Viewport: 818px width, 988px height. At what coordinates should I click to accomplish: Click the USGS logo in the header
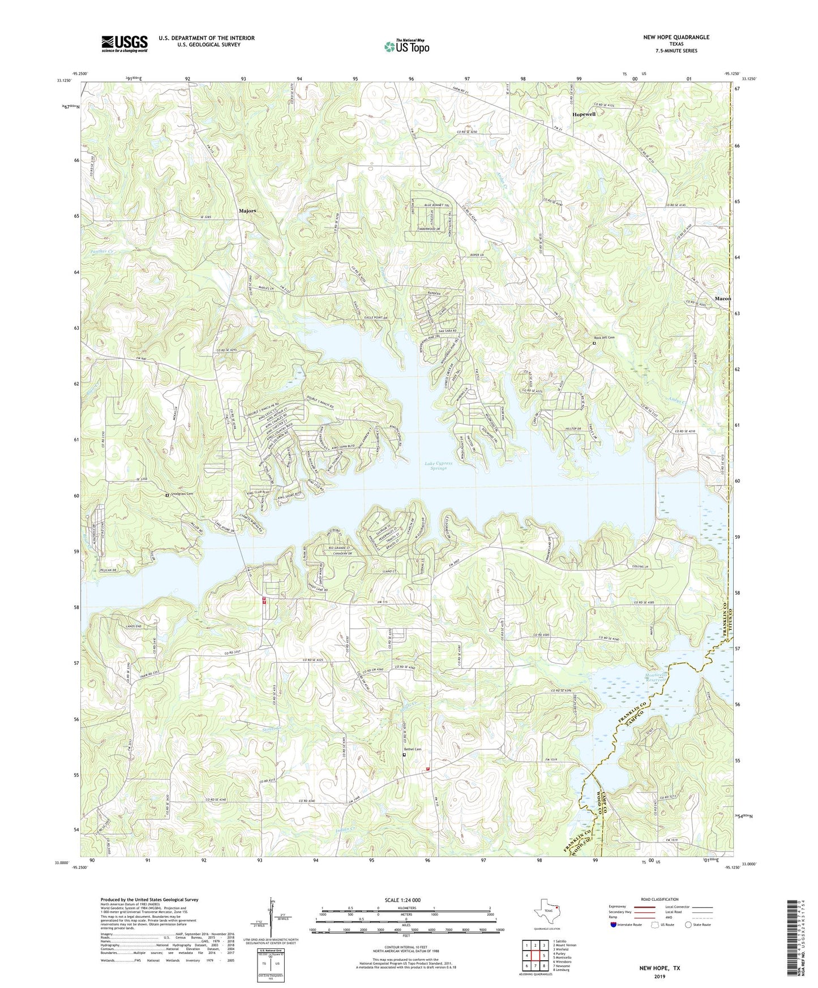click(125, 44)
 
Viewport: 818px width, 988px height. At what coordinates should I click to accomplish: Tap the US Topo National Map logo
click(406, 46)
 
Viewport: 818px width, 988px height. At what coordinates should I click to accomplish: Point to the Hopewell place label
click(584, 114)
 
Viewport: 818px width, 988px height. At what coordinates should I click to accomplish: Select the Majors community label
click(247, 211)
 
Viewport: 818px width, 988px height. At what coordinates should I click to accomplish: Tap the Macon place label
click(722, 298)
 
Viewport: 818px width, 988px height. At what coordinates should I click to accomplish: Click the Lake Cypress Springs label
click(439, 466)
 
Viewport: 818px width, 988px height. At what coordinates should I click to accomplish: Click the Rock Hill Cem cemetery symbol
click(594, 343)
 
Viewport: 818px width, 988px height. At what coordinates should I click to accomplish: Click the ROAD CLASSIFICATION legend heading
click(659, 899)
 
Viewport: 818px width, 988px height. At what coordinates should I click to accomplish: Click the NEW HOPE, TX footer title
click(659, 968)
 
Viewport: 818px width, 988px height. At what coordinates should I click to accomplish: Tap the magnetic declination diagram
click(271, 918)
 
